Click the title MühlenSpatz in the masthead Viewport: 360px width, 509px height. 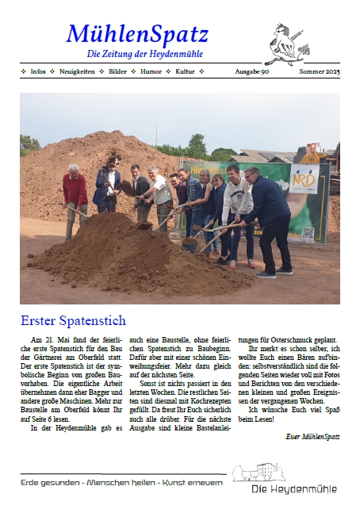tap(138, 33)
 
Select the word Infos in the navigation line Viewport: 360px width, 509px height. tap(37, 71)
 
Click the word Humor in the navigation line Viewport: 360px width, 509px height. tap(151, 71)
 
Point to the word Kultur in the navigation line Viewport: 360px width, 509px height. tap(185, 71)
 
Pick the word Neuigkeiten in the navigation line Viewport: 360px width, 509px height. tap(77, 71)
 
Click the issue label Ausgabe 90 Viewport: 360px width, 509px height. tap(252, 71)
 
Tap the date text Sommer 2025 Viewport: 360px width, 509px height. tap(319, 71)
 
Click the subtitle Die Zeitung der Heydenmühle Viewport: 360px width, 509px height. tap(145, 54)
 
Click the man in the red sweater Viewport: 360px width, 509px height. tap(75, 198)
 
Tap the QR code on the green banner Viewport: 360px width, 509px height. tap(307, 234)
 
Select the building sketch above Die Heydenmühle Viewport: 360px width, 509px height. tap(259, 473)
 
